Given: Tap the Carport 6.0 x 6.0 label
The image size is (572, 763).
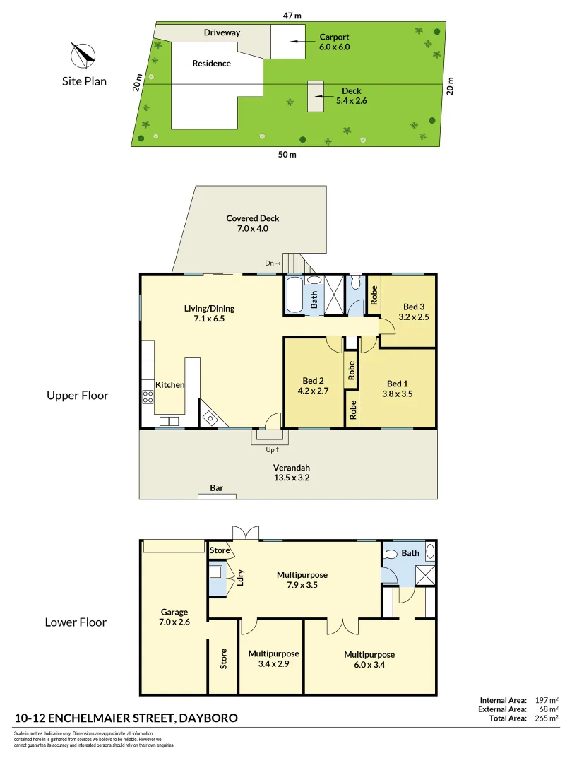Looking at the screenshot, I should tap(334, 42).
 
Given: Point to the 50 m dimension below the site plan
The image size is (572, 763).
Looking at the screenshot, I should tap(287, 155).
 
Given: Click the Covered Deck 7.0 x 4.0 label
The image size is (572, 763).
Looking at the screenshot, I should tap(247, 223).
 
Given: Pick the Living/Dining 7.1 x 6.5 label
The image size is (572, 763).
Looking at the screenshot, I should tap(209, 314).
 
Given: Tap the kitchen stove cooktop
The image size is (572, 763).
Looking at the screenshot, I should tap(148, 396).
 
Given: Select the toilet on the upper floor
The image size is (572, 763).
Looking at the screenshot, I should tap(355, 285).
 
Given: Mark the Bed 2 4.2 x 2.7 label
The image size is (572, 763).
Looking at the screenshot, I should tap(314, 385).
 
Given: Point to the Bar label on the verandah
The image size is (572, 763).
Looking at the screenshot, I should tap(217, 488).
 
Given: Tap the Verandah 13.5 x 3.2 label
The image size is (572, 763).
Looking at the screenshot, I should tap(292, 473).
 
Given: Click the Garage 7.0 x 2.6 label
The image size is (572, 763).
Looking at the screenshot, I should tap(174, 617).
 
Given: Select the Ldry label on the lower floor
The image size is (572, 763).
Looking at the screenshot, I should tap(241, 578).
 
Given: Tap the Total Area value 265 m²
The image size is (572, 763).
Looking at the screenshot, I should tap(547, 718).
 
